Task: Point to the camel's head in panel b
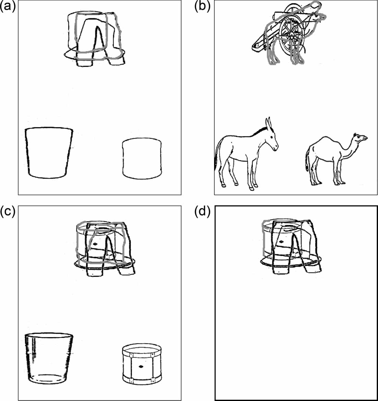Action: tap(360, 138)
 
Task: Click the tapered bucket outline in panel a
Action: tap(49, 152)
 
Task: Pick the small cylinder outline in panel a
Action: tap(142, 158)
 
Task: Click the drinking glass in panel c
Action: tap(49, 358)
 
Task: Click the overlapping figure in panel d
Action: tap(291, 246)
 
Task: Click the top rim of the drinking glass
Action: tap(49, 335)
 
